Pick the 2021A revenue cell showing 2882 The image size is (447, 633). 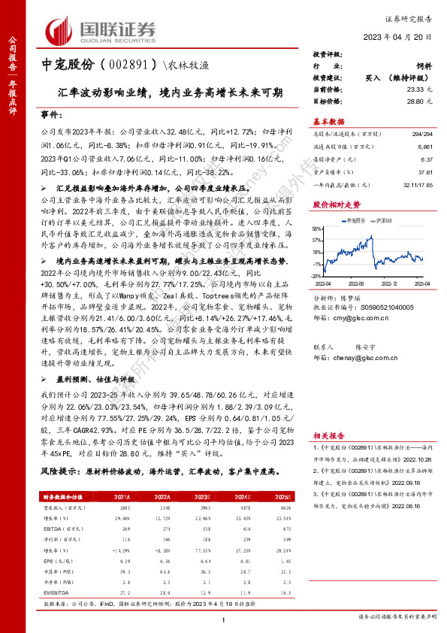[x=125, y=507]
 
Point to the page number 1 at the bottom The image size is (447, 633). [x=224, y=618]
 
